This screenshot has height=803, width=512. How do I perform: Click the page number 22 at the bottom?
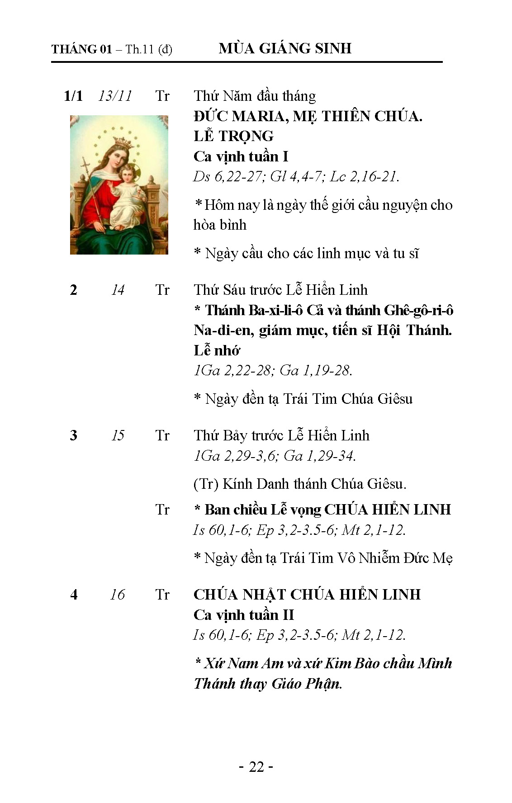pyautogui.click(x=256, y=767)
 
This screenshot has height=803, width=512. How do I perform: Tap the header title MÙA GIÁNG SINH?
pyautogui.click(x=285, y=48)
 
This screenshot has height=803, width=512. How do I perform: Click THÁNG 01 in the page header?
pyautogui.click(x=81, y=49)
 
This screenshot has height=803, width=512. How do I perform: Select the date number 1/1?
pyautogui.click(x=73, y=96)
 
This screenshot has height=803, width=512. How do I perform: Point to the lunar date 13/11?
pyautogui.click(x=115, y=96)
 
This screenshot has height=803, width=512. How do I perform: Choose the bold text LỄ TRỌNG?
pyautogui.click(x=233, y=136)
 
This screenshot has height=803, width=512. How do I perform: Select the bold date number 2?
pyautogui.click(x=74, y=290)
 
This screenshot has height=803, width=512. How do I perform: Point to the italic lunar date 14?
pyautogui.click(x=118, y=290)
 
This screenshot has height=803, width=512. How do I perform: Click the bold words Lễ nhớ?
pyautogui.click(x=217, y=350)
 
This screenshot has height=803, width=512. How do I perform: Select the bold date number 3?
pyautogui.click(x=74, y=435)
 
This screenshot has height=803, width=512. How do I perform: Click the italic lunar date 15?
pyautogui.click(x=118, y=435)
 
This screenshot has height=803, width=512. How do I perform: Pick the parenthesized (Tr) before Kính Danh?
pyautogui.click(x=206, y=484)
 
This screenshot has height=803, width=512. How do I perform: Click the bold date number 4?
pyautogui.click(x=74, y=595)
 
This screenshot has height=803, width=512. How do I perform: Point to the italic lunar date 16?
pyautogui.click(x=118, y=595)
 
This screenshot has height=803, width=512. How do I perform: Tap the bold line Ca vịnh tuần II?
pyautogui.click(x=244, y=615)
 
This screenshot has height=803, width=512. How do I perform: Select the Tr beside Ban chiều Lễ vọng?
pyautogui.click(x=162, y=510)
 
